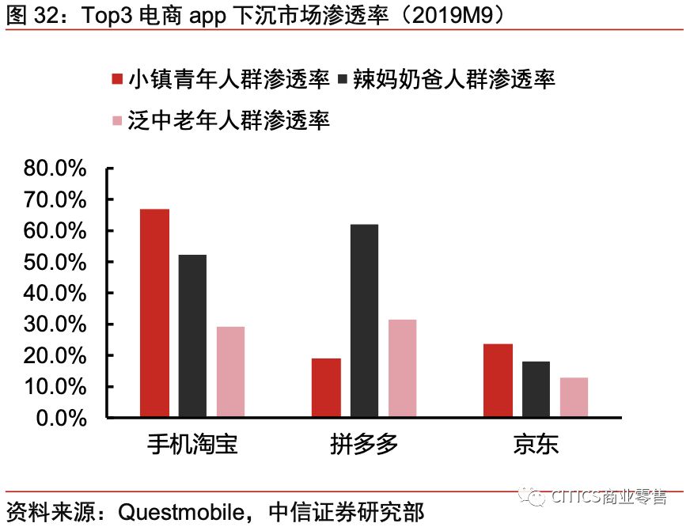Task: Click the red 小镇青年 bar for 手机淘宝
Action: pos(155,313)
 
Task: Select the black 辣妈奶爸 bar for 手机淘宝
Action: pos(192,336)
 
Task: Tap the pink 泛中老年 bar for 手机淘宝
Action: pos(230,372)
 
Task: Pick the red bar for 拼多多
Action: pos(326,388)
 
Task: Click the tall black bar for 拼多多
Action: pos(364,321)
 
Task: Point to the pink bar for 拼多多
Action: pos(402,369)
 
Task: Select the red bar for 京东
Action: pos(498,381)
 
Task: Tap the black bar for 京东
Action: pos(536,389)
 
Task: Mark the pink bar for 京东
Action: pos(574,397)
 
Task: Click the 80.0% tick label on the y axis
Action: pos(55,169)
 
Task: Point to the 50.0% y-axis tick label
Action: pos(55,262)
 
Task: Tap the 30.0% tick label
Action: pos(55,324)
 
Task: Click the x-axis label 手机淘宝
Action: pos(192,444)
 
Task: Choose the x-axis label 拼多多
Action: pos(364,444)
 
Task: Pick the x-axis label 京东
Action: pos(536,444)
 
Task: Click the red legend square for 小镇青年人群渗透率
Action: pos(117,79)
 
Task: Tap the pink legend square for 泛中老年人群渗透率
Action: pos(117,120)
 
